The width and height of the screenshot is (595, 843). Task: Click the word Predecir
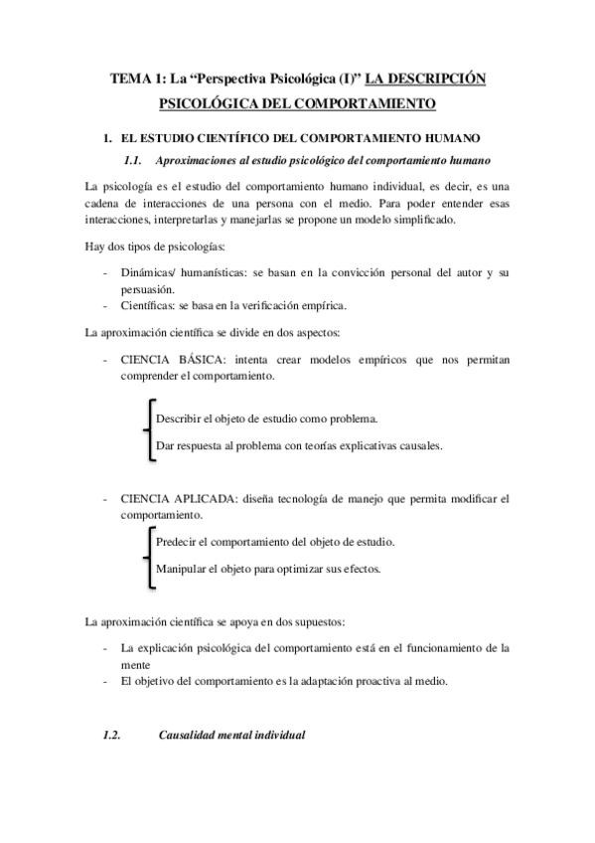[x=179, y=542]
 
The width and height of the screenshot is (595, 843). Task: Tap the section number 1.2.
[x=111, y=736]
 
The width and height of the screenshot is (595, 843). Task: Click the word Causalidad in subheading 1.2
[x=187, y=736]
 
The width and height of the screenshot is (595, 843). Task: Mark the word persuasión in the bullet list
[x=144, y=288]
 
